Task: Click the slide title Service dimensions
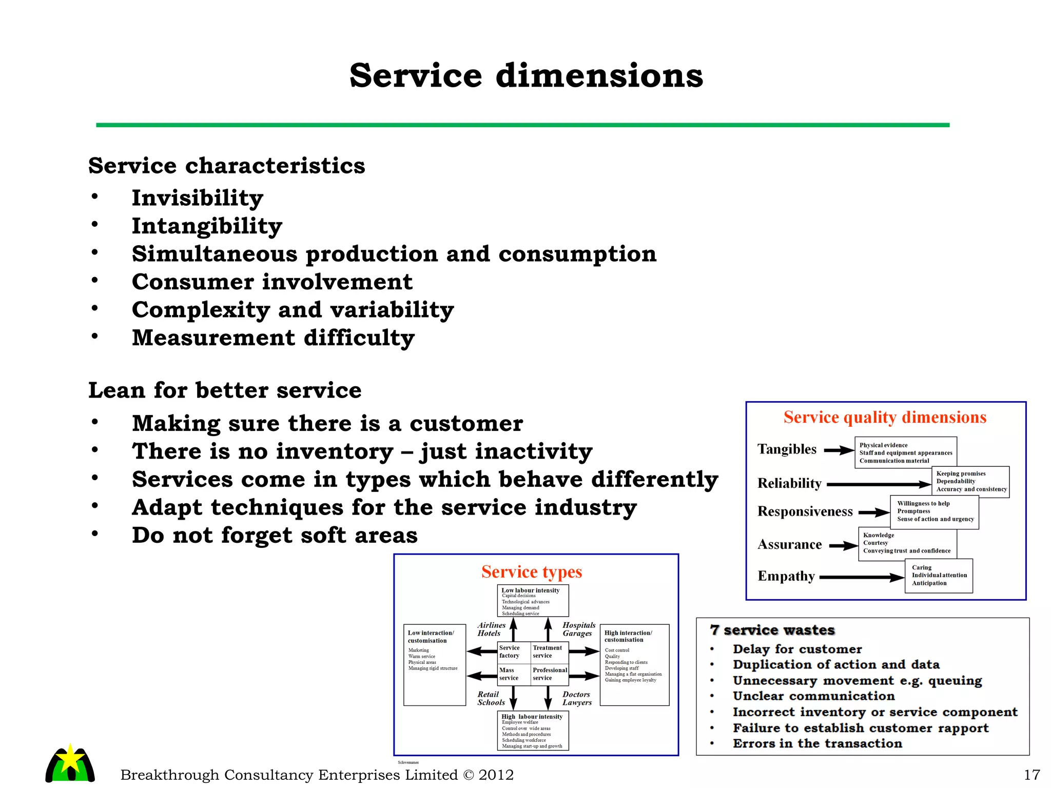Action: click(526, 76)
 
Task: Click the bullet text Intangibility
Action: click(207, 226)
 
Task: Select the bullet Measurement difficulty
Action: click(273, 338)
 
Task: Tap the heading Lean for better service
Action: click(225, 390)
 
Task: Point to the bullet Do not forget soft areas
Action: click(275, 536)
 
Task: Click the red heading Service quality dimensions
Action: click(885, 418)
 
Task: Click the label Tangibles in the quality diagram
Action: click(787, 449)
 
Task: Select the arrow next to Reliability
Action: click(879, 484)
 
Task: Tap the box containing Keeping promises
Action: click(970, 482)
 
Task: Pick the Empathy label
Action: click(786, 576)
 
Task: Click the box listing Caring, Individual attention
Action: click(939, 576)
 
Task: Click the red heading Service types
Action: click(532, 572)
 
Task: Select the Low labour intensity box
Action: click(533, 601)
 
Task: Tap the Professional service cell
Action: click(550, 674)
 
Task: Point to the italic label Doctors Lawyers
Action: click(577, 698)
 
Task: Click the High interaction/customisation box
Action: click(634, 664)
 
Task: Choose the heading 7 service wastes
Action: click(772, 630)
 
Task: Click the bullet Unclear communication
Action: click(813, 696)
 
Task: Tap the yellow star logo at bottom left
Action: click(70, 762)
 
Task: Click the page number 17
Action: click(1032, 775)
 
